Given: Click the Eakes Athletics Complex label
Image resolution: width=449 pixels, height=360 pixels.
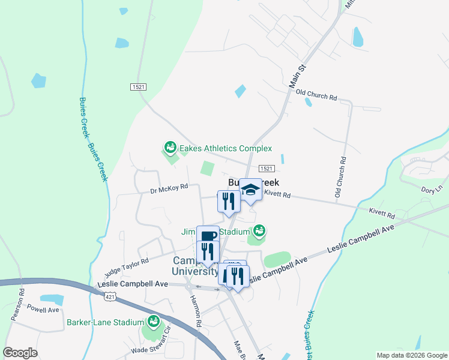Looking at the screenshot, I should pos(225,148).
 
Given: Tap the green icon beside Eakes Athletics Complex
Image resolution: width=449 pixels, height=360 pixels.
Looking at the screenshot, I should pos(170,147).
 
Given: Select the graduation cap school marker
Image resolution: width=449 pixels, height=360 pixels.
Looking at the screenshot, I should pos(250,190).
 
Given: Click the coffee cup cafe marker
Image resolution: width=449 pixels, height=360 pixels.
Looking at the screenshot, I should pos(208,236).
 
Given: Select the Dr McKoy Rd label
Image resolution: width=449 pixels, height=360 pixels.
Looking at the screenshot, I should pos(169,188).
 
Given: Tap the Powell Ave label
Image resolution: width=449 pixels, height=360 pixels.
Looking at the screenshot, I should pos(43,310).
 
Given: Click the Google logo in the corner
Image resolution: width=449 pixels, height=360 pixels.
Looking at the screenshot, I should pos(20,353).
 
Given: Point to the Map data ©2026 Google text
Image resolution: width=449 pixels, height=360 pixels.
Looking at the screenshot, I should pos(411,355).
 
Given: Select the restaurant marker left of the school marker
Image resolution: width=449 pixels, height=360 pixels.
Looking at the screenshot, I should pos(229,201).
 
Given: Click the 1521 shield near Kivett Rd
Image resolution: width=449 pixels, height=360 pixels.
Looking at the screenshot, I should pos(267,170).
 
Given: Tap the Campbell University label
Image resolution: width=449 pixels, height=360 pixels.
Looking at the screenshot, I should pos(196,266).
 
